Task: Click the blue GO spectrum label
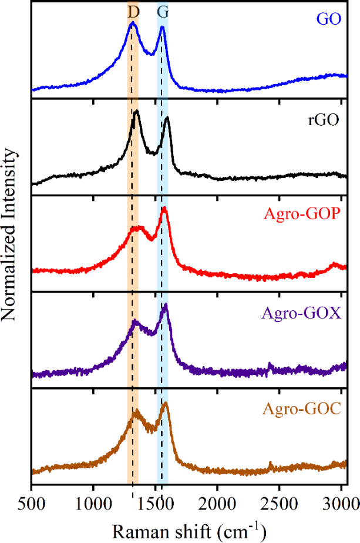click(x=329, y=19)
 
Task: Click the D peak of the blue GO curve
click(x=133, y=24)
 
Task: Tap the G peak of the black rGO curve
click(x=167, y=119)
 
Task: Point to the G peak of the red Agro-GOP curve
click(x=164, y=209)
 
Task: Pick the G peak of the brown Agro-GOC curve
click(x=166, y=403)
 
